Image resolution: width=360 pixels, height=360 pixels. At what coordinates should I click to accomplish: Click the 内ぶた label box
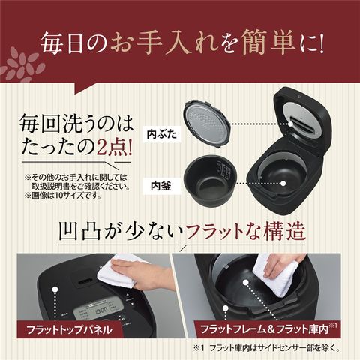tap(162, 135)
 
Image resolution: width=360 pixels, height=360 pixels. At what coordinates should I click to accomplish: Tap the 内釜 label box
tap(161, 186)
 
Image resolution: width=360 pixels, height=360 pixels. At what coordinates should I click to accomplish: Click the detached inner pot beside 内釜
tap(208, 179)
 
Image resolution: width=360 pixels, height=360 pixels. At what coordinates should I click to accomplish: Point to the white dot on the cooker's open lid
tap(290, 124)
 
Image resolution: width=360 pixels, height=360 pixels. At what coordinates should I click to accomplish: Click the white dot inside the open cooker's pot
tap(283, 184)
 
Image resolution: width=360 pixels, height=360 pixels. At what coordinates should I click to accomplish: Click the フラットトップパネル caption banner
tap(69, 329)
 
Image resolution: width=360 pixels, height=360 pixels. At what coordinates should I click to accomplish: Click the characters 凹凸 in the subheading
tap(79, 232)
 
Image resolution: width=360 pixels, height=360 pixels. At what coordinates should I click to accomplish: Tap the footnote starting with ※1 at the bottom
tap(266, 347)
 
